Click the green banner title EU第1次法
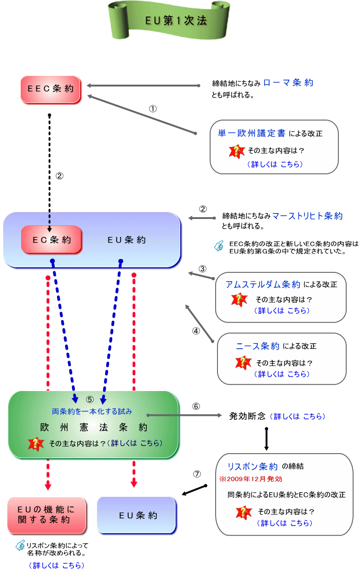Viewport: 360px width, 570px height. click(x=176, y=21)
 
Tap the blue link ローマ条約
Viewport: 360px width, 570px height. click(x=289, y=83)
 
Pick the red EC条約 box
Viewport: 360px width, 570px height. click(x=51, y=240)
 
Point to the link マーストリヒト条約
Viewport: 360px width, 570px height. click(x=307, y=215)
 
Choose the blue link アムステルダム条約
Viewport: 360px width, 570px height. click(x=263, y=284)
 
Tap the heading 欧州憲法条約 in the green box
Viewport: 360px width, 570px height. click(x=93, y=427)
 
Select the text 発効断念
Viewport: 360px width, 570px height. click(x=247, y=416)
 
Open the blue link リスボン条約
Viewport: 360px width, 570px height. click(x=253, y=466)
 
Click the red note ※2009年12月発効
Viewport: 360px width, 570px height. click(x=251, y=479)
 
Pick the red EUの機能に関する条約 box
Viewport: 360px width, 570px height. click(x=46, y=515)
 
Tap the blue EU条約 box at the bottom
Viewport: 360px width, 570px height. click(x=137, y=515)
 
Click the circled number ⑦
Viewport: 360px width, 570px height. click(x=197, y=473)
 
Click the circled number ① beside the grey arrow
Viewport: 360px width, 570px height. click(x=153, y=109)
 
